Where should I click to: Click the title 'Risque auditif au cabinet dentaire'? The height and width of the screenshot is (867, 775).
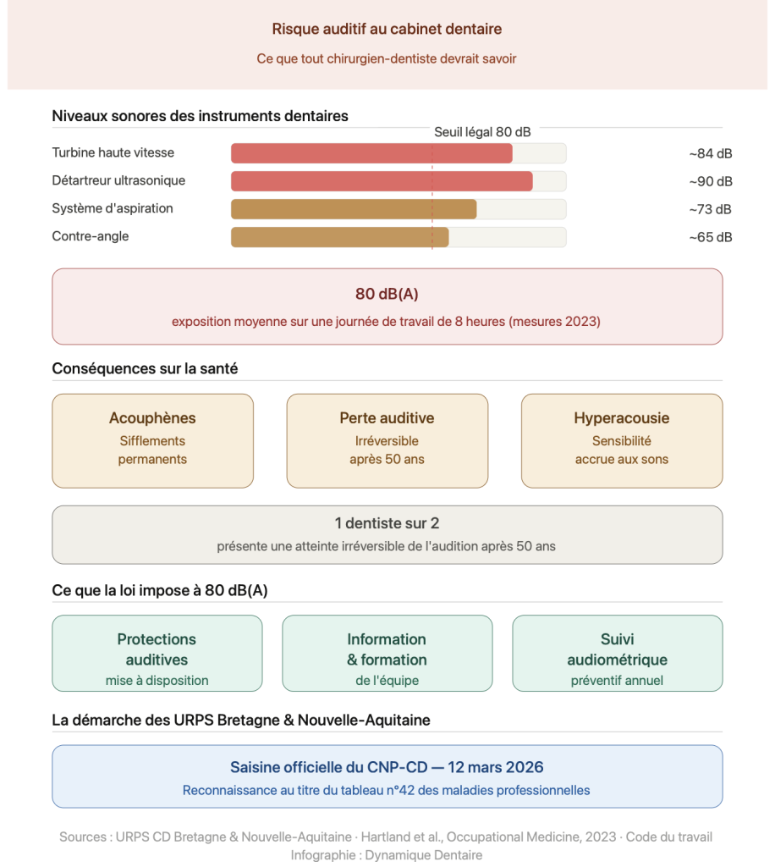(x=387, y=29)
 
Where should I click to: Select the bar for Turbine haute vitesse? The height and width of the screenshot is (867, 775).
(x=371, y=153)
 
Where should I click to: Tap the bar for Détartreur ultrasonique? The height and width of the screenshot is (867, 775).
(x=382, y=181)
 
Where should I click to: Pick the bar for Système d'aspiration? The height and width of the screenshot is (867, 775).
(x=354, y=209)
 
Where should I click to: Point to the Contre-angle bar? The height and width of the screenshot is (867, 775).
(x=339, y=237)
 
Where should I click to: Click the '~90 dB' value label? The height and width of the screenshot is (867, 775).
(x=710, y=181)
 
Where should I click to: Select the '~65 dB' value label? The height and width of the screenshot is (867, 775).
(x=710, y=237)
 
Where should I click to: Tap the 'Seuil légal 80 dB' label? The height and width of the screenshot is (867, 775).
(x=482, y=132)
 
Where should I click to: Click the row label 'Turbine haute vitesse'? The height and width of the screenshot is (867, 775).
(x=113, y=153)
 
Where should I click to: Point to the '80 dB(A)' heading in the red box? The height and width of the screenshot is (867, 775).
(x=387, y=294)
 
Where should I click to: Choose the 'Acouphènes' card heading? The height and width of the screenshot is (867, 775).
(x=152, y=418)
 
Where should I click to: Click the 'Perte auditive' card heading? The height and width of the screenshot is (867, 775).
(x=387, y=418)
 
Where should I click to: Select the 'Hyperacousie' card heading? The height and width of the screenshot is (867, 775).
(x=621, y=418)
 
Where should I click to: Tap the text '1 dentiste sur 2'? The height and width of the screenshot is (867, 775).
(x=387, y=524)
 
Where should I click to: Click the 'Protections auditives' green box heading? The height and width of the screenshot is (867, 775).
(x=157, y=649)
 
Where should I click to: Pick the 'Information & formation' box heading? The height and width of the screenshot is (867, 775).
(x=387, y=649)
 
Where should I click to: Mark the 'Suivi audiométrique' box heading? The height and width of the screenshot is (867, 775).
(x=617, y=649)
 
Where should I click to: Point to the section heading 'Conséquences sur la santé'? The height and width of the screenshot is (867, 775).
(x=145, y=368)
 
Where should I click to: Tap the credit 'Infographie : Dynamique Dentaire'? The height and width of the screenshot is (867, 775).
(x=386, y=855)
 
